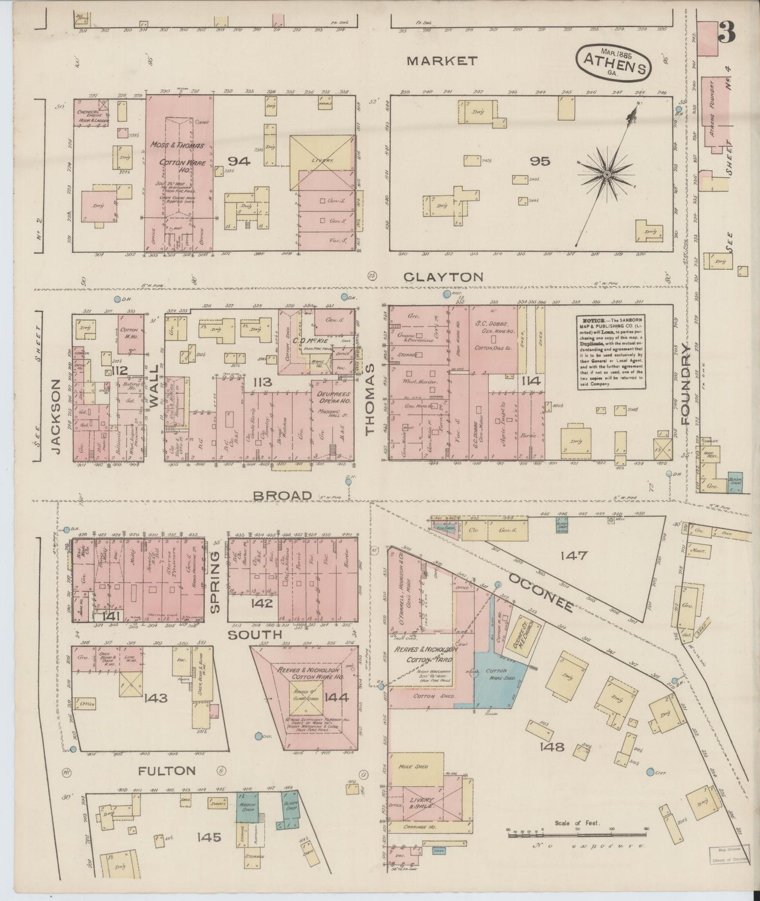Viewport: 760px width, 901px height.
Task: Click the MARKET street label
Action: (x=442, y=61)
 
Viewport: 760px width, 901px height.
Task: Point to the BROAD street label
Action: (x=283, y=495)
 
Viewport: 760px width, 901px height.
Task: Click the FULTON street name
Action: (x=167, y=771)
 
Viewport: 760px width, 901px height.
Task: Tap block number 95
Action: (x=540, y=161)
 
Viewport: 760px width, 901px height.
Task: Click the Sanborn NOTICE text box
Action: (x=611, y=352)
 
